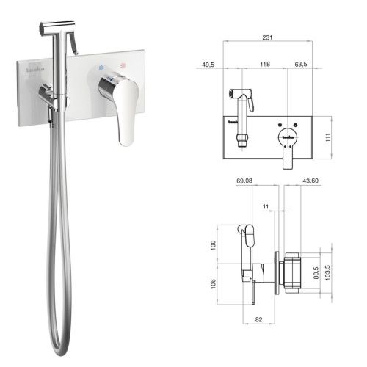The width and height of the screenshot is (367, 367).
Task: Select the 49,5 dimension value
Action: (x=208, y=65)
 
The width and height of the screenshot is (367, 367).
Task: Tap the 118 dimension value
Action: (x=264, y=65)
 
